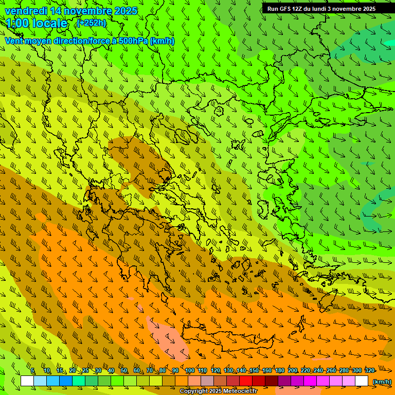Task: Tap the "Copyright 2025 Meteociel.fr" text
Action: [218, 391]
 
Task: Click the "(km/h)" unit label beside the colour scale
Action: [382, 382]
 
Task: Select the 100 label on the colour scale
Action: [190, 371]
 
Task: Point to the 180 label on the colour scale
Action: [280, 371]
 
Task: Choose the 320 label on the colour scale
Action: [369, 371]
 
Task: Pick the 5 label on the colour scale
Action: [32, 371]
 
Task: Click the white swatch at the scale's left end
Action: [27, 381]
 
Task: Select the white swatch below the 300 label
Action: [362, 381]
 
